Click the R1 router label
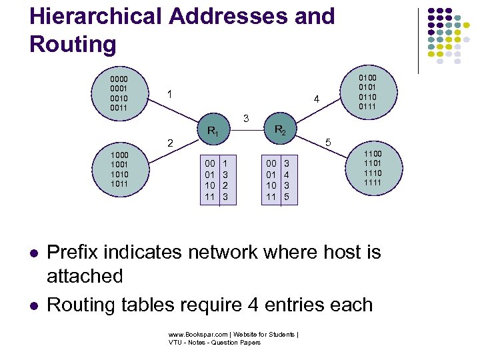pyautogui.click(x=213, y=131)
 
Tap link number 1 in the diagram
pyautogui.click(x=171, y=95)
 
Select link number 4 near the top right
pyautogui.click(x=317, y=100)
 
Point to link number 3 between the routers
pyautogui.click(x=246, y=119)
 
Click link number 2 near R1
pyautogui.click(x=170, y=143)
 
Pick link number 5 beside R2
pyautogui.click(x=327, y=142)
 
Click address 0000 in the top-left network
pyautogui.click(x=119, y=79)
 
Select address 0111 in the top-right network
pyautogui.click(x=368, y=106)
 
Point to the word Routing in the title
pyautogui.click(x=73, y=44)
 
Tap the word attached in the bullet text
pyautogui.click(x=85, y=275)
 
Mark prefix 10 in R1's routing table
pyautogui.click(x=209, y=185)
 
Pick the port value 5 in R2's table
pyautogui.click(x=287, y=197)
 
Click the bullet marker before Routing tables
pyautogui.click(x=33, y=306)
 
